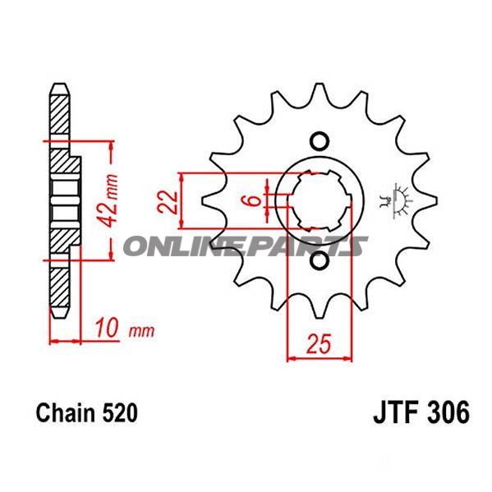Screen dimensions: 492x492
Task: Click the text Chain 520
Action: click(81, 412)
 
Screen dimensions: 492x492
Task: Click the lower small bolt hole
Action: click(320, 260)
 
